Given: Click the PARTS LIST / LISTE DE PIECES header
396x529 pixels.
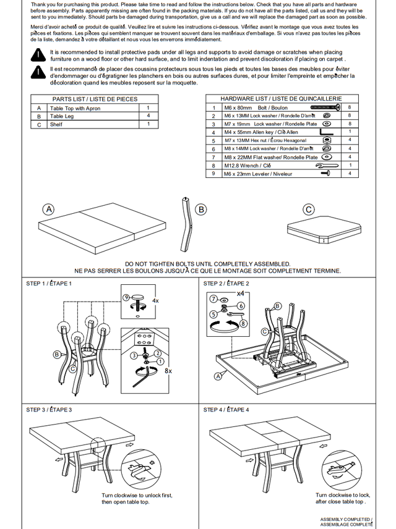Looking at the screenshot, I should click(x=95, y=99).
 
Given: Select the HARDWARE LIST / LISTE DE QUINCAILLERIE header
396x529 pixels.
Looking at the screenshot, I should click(x=281, y=99).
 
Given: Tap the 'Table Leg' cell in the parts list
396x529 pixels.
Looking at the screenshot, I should click(x=62, y=116).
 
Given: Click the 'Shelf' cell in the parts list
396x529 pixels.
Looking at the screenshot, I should click(x=56, y=124).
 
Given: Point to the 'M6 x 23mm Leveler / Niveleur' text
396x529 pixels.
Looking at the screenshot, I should click(x=258, y=174).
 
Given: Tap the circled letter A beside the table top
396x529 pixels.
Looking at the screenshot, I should click(x=49, y=209).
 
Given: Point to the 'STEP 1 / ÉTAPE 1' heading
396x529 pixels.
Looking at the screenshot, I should click(x=49, y=284).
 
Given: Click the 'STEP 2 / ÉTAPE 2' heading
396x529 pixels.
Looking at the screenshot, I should click(x=226, y=284).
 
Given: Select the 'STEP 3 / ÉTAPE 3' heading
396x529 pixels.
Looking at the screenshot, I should click(x=49, y=410).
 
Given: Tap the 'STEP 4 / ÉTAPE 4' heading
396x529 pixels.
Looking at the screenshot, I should click(x=226, y=410).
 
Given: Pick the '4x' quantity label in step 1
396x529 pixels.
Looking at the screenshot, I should click(x=155, y=300).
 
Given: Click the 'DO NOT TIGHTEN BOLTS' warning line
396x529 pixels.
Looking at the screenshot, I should click(x=207, y=264).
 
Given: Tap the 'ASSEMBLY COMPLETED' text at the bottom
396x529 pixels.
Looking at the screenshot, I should click(x=346, y=520).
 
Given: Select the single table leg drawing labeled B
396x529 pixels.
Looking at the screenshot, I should click(x=184, y=222).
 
